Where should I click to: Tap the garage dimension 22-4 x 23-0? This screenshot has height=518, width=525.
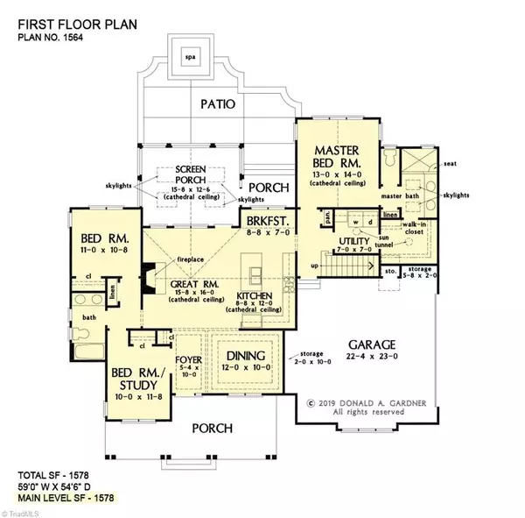(373, 358)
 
